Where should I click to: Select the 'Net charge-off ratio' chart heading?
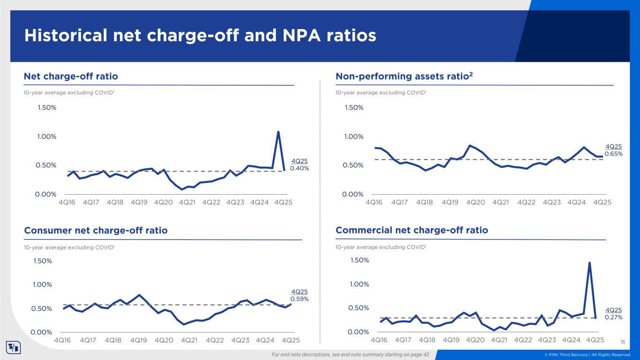(71, 76)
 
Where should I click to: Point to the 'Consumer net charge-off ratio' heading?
(96, 230)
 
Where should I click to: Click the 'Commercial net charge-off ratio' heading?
(412, 230)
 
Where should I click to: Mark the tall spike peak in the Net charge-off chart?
(278, 132)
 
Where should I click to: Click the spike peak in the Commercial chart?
(589, 262)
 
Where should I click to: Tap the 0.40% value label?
(300, 168)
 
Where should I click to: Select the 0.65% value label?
(613, 154)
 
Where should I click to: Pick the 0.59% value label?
(300, 299)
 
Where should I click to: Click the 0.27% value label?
(613, 317)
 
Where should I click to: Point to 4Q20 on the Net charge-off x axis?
(163, 202)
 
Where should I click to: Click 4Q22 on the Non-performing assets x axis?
(527, 202)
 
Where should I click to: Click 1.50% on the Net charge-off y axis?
(47, 108)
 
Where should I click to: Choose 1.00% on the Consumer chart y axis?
(43, 285)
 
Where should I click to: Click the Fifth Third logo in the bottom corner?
(12, 348)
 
